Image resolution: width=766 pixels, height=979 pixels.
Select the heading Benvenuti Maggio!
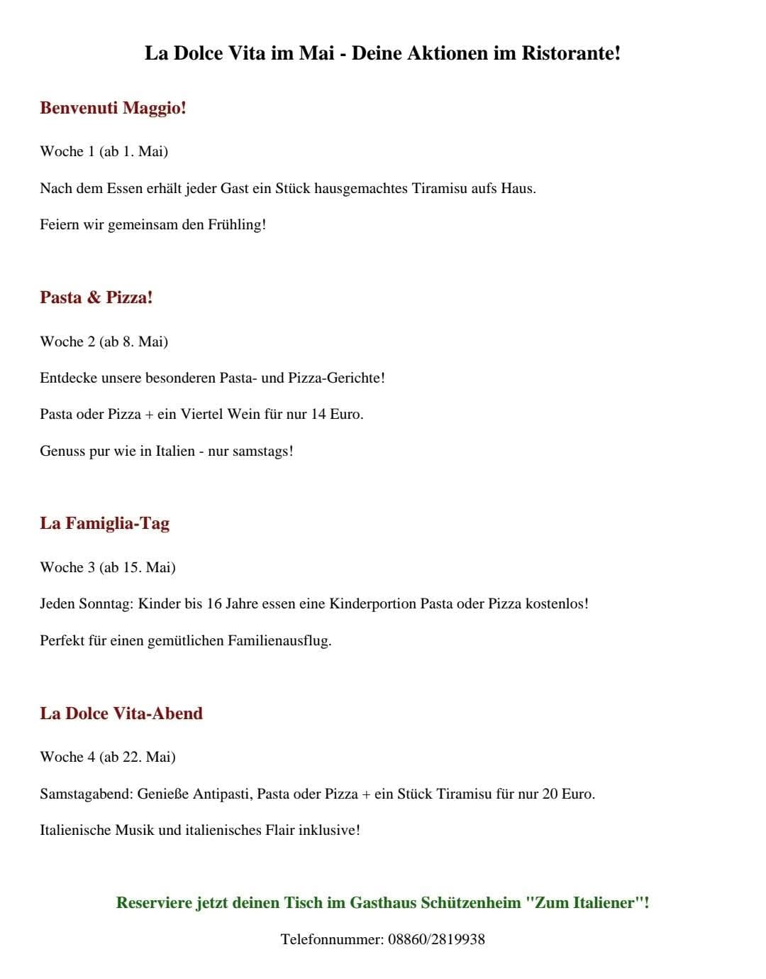[113, 108]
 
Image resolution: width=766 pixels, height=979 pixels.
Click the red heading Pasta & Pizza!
[96, 297]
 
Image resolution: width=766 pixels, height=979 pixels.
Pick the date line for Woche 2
[104, 341]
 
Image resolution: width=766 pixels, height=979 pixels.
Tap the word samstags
[262, 451]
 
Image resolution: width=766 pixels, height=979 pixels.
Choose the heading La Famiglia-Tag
[105, 523]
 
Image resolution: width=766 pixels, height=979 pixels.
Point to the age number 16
[214, 603]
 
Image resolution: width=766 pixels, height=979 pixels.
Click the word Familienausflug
[279, 640]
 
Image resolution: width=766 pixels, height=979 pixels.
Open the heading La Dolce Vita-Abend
[121, 713]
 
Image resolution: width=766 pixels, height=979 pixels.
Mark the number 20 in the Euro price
[550, 794]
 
